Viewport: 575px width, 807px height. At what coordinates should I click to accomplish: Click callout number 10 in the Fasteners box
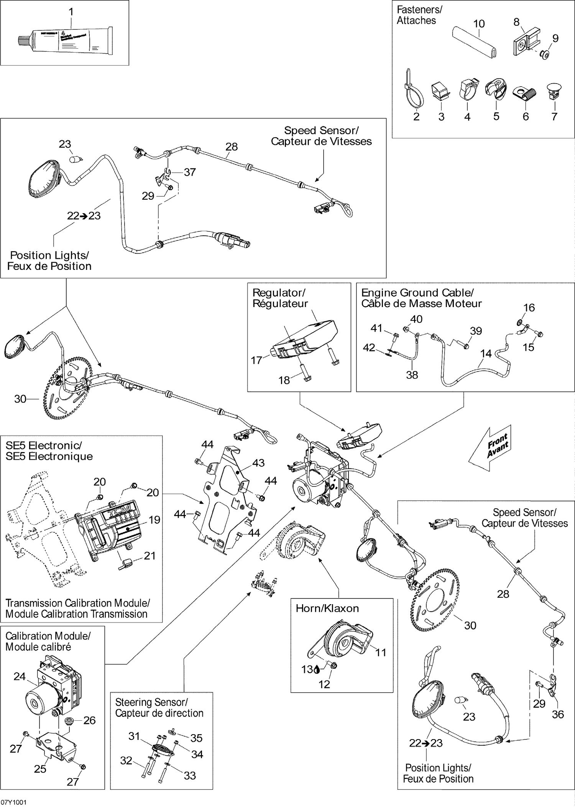[479, 24]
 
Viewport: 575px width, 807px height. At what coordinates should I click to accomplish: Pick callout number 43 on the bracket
[258, 463]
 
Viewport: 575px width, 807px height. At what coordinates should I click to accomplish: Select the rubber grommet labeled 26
[70, 720]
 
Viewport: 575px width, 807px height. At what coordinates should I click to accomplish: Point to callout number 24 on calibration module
[19, 676]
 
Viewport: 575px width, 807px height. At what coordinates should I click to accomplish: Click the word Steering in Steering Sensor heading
[132, 702]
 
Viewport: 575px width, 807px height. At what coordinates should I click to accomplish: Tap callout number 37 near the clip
[190, 172]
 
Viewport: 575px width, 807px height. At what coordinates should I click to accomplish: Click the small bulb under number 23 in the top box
[75, 159]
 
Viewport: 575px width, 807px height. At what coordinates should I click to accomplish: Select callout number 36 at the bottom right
[558, 714]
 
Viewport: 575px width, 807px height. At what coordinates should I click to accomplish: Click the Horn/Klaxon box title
[327, 608]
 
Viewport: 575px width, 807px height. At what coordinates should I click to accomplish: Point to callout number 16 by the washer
[529, 307]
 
